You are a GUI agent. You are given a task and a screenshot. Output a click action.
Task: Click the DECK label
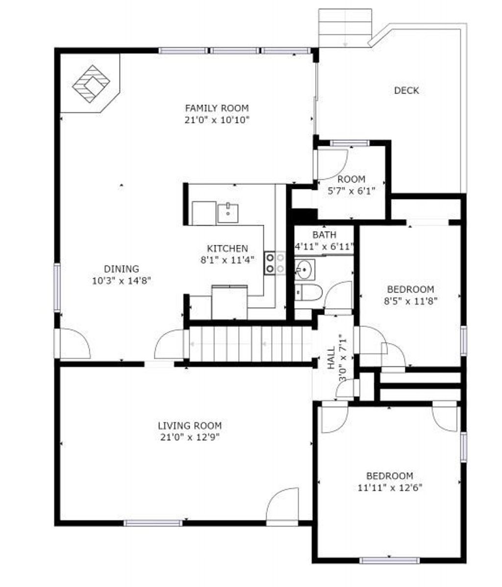(x=406, y=90)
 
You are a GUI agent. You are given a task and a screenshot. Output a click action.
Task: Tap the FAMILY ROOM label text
(x=217, y=108)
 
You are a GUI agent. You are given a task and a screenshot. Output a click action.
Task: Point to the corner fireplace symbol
(x=91, y=83)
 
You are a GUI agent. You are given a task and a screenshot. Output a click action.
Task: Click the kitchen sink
(x=227, y=213)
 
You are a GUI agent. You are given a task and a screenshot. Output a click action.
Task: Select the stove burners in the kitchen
(x=275, y=263)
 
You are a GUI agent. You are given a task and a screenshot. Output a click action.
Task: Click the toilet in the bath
(x=308, y=293)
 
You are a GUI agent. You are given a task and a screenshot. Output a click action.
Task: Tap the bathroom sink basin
(x=304, y=269)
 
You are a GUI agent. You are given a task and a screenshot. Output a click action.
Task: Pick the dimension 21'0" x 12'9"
(x=190, y=437)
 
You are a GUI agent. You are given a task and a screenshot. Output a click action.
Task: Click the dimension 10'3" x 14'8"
(x=121, y=280)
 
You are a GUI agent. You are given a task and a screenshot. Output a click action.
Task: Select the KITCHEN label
(x=227, y=248)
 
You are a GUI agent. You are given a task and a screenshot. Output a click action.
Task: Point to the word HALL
(x=331, y=358)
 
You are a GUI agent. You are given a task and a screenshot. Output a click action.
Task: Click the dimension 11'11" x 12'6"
(x=390, y=488)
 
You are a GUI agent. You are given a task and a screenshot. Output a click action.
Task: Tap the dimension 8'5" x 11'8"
(x=410, y=301)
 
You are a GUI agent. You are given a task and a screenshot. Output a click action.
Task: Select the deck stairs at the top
(x=345, y=28)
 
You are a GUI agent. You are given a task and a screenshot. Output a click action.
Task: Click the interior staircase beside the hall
(x=251, y=344)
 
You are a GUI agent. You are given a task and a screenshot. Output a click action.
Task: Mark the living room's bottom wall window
(x=153, y=523)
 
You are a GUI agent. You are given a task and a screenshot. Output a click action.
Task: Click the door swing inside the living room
(x=282, y=504)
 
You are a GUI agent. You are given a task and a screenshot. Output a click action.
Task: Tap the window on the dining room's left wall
(x=57, y=287)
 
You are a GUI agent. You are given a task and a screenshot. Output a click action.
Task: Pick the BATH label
(x=324, y=235)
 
